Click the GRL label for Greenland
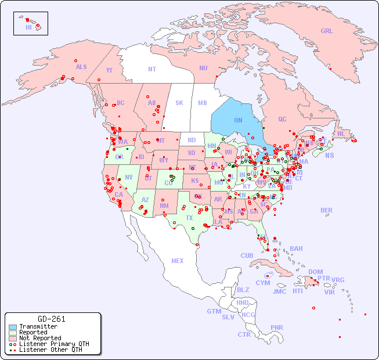point(327,31)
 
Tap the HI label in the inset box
point(28,27)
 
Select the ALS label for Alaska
point(81,67)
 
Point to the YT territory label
point(109,70)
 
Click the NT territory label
point(151,69)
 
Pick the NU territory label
point(203,68)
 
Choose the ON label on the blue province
point(238,120)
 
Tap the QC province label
point(282,119)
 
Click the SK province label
point(179,103)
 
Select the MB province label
point(202,103)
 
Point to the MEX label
point(178,261)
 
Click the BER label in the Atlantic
point(326,210)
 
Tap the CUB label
point(247,255)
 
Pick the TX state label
point(189,218)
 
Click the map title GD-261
point(52,319)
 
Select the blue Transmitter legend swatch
point(13,327)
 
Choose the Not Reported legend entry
point(40,338)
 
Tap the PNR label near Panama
point(277,327)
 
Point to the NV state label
point(129,177)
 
